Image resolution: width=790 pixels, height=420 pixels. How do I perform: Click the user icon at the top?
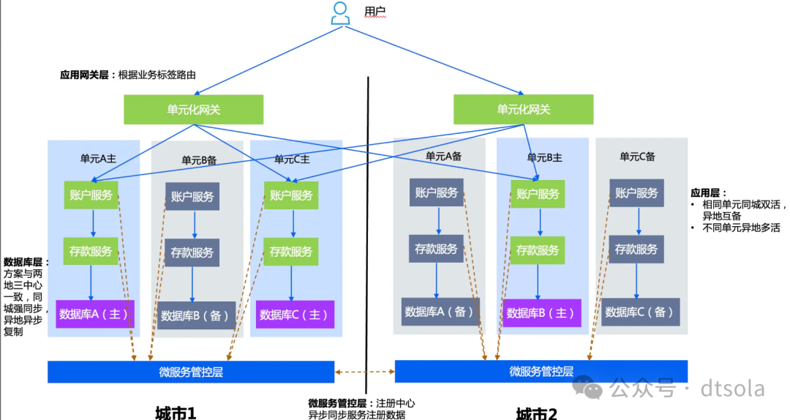[x=339, y=13]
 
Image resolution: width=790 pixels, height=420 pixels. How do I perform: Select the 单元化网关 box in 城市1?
[x=193, y=110]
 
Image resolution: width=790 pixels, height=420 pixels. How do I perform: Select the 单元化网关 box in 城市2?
[x=523, y=110]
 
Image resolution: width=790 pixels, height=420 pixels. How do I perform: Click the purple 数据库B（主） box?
[x=541, y=313]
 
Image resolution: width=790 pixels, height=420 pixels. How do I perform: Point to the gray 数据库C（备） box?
[x=640, y=312]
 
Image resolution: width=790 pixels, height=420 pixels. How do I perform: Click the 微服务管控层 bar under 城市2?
[x=541, y=372]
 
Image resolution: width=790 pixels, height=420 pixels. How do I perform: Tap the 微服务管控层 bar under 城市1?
[x=190, y=372]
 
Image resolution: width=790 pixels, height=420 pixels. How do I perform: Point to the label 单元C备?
[x=637, y=156]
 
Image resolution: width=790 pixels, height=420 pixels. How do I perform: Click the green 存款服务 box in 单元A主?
[x=91, y=251]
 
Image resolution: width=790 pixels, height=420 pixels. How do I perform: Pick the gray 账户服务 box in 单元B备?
[x=192, y=196]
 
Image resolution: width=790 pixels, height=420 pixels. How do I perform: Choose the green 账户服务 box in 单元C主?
[x=291, y=195]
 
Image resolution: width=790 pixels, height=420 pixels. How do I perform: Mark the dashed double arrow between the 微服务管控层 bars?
[x=364, y=372]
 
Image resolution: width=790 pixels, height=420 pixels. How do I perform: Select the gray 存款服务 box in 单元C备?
[x=636, y=250]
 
